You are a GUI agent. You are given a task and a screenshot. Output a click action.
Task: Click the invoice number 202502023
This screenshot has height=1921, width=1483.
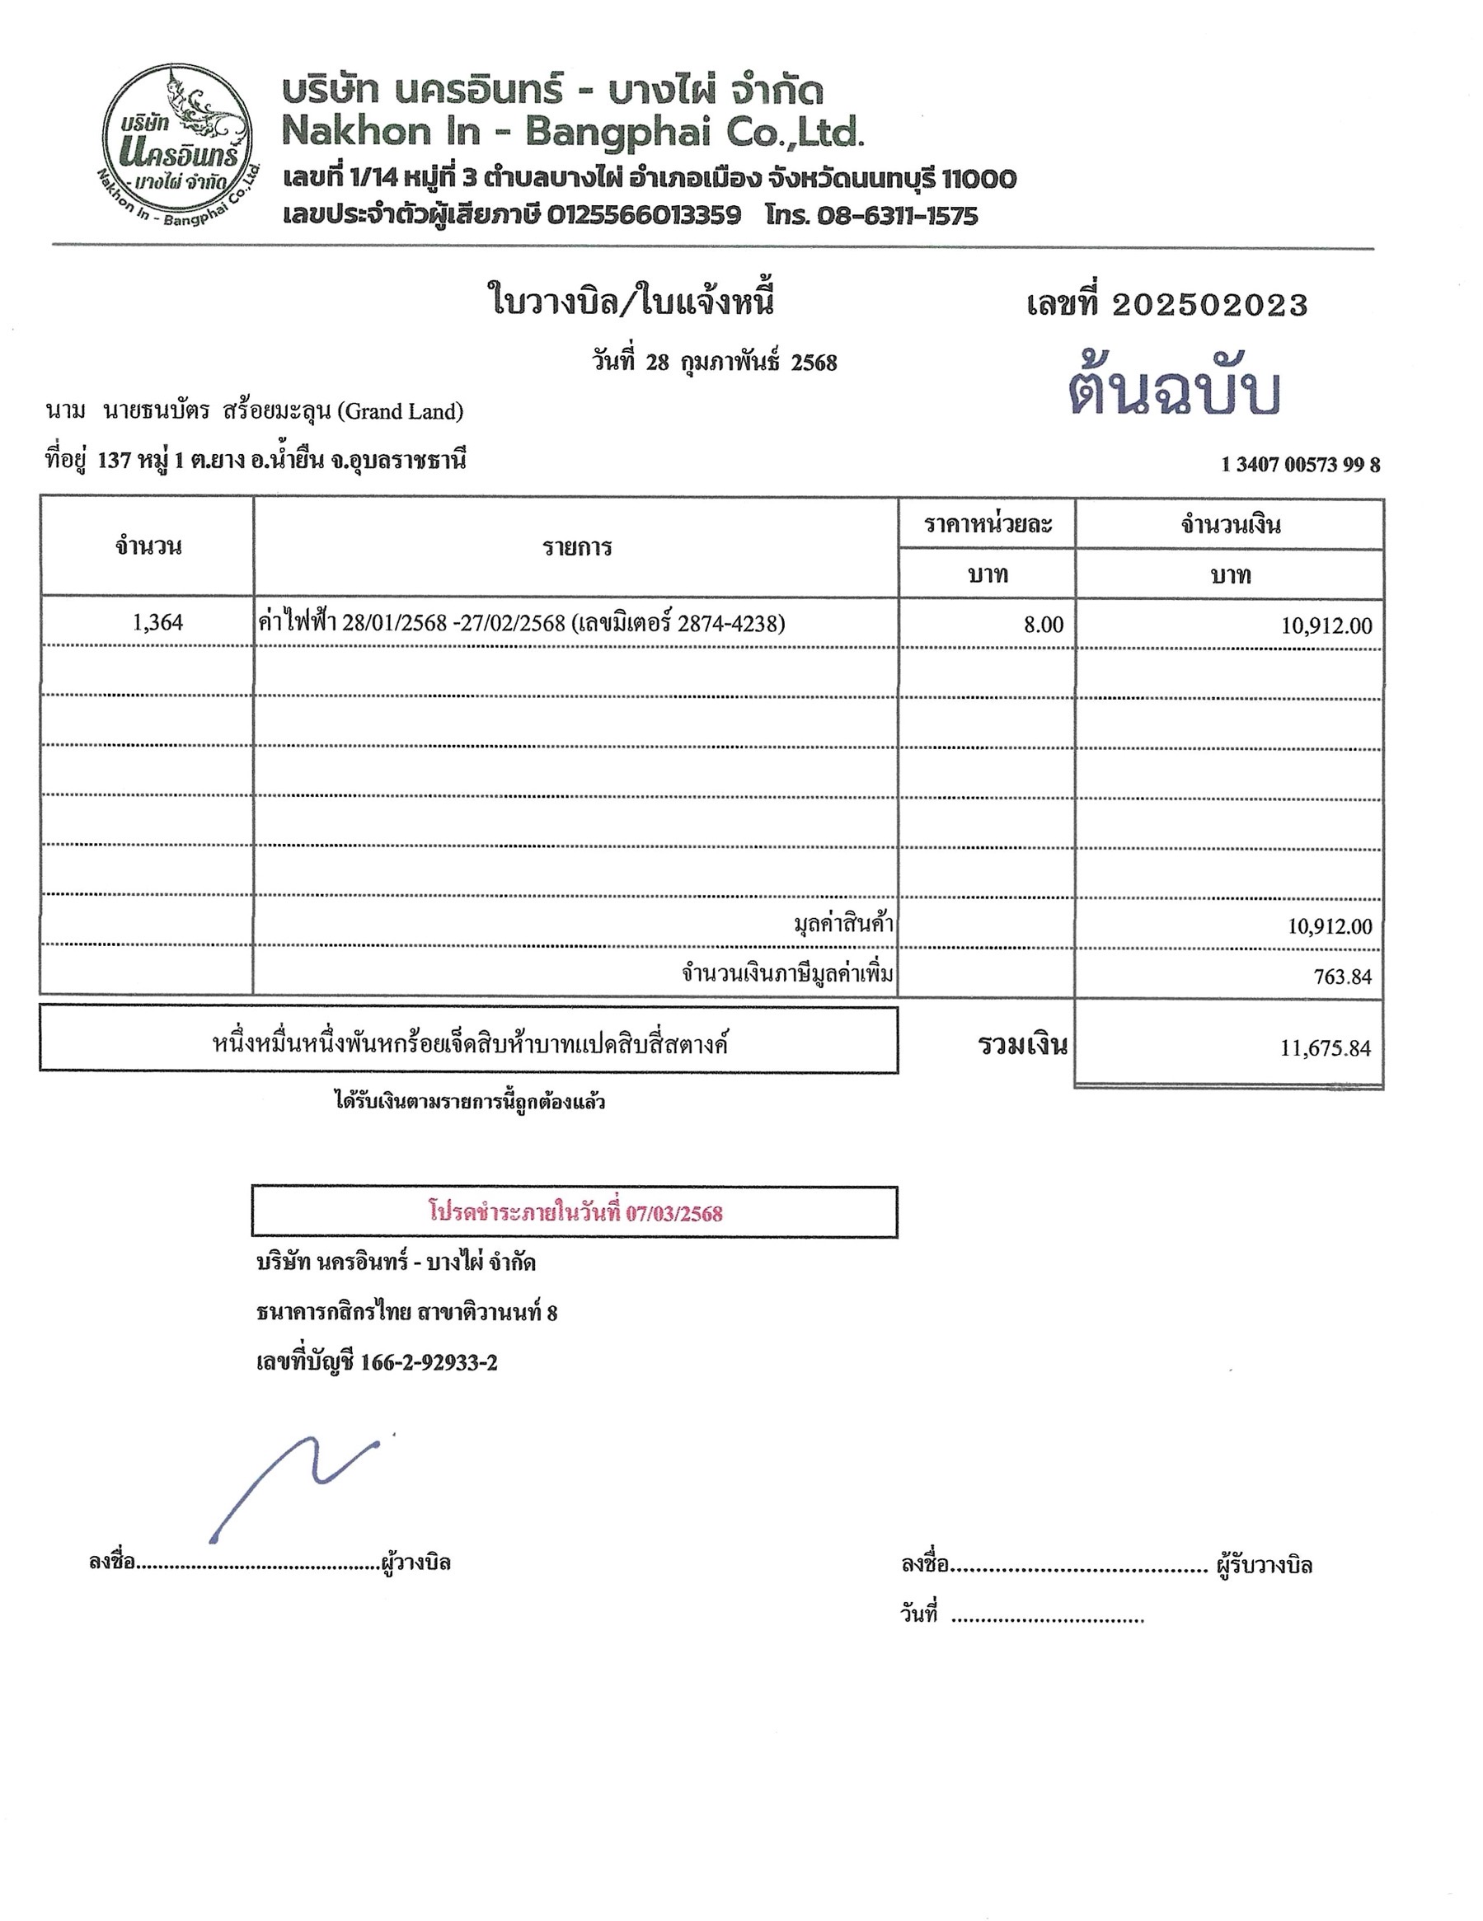pos(1209,305)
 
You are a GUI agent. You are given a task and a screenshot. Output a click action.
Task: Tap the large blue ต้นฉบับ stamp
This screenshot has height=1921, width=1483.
pos(1173,391)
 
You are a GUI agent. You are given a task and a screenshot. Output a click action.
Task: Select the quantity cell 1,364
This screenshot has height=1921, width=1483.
pos(157,623)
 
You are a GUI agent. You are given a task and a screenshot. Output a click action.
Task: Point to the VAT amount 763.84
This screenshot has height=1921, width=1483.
pos(1342,977)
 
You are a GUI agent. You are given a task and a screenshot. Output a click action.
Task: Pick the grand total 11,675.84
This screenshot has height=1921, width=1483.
pos(1325,1047)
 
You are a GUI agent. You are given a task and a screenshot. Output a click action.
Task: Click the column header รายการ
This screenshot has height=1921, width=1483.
pos(576,547)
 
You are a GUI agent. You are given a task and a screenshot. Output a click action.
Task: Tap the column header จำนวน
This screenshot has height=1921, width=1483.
pos(148,546)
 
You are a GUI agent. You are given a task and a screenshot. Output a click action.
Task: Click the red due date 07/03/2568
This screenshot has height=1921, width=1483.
pos(673,1214)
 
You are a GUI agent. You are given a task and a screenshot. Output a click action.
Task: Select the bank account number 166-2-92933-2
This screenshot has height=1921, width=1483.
pos(429,1362)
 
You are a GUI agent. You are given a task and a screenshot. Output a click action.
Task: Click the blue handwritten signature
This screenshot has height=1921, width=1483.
pos(290,1486)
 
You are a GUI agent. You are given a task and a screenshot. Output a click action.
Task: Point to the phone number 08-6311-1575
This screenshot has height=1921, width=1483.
pos(897,215)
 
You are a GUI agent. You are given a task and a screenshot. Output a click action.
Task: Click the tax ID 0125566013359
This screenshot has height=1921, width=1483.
pos(643,215)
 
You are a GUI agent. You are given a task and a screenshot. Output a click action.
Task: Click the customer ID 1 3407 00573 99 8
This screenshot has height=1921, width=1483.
pos(1300,465)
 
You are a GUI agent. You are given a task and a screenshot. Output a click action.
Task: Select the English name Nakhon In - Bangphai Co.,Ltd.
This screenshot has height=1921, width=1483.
pos(573,132)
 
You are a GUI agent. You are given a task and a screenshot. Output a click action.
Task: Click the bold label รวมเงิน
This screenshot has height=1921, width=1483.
pos(1022,1045)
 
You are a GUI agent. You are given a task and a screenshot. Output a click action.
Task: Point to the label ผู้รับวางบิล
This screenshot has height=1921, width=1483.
pos(1264,1565)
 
